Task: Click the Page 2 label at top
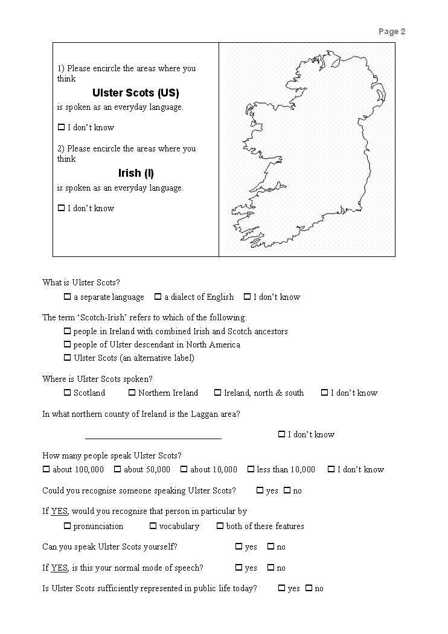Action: [392, 31]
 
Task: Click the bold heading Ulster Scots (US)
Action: [135, 93]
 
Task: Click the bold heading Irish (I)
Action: [136, 173]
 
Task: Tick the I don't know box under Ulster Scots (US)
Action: [61, 127]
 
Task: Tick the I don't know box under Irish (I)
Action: [61, 208]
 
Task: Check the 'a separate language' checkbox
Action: [67, 297]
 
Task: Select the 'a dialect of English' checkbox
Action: [158, 297]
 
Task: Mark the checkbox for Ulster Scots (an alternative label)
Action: [67, 358]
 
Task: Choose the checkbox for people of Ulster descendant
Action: [67, 344]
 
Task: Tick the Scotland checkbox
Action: [67, 393]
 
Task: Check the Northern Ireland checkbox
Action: [132, 393]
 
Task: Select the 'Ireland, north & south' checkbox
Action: [217, 393]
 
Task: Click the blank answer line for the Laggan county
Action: [153, 435]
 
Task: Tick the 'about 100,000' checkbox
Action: [46, 469]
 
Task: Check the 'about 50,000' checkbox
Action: [117, 469]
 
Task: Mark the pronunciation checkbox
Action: [67, 526]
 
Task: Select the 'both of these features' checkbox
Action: [220, 526]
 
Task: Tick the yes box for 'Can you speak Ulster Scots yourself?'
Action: [238, 547]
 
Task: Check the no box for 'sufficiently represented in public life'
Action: [309, 588]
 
